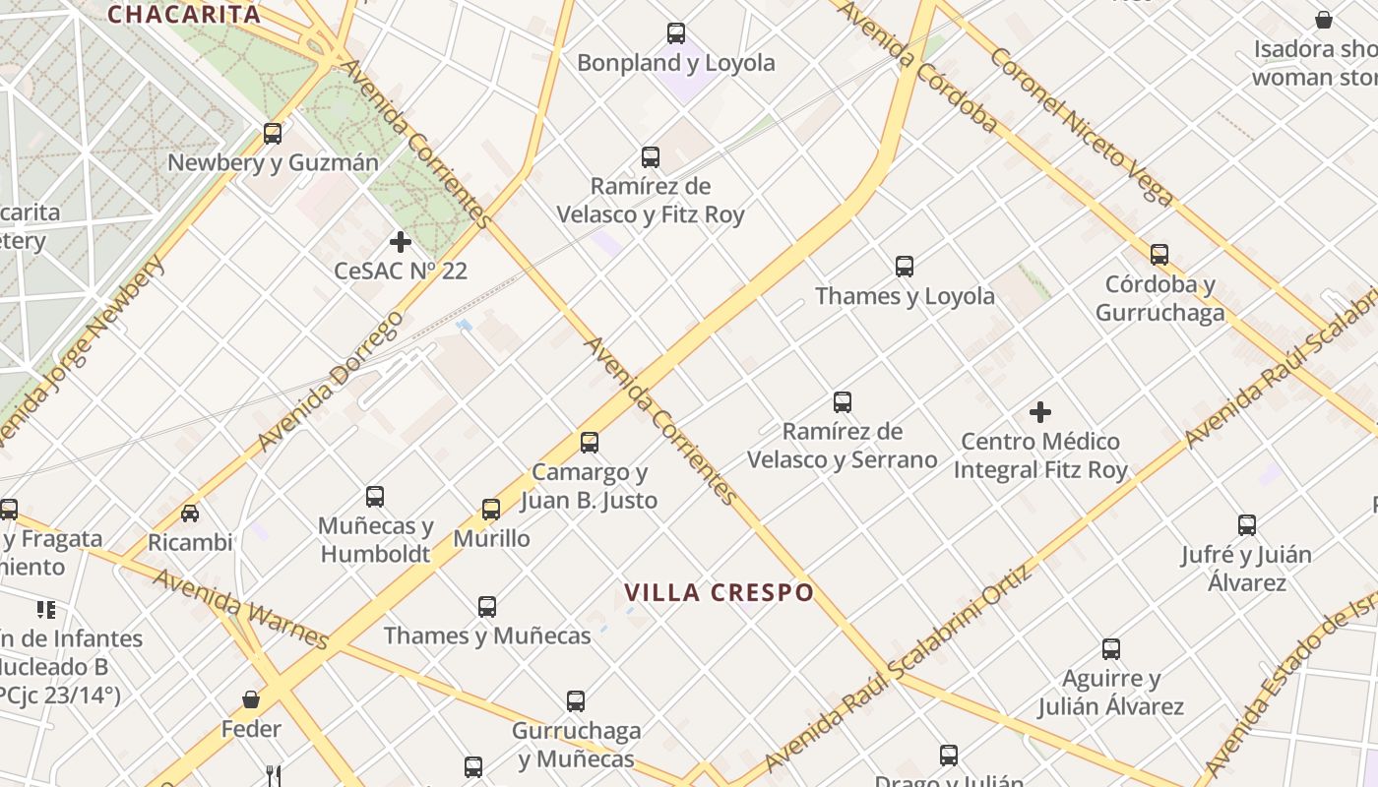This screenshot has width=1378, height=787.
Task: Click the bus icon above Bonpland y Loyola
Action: click(x=676, y=33)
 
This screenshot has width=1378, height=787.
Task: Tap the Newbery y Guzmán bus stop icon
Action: click(x=273, y=134)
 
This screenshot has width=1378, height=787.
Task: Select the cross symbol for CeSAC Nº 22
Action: click(x=401, y=242)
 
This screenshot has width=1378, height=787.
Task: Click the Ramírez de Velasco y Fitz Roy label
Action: click(x=651, y=200)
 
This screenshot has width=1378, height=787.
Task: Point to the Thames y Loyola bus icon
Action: click(x=905, y=267)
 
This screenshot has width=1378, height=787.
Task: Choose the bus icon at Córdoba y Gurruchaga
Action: click(x=1159, y=255)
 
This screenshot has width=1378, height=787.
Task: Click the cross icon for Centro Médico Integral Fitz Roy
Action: click(x=1040, y=412)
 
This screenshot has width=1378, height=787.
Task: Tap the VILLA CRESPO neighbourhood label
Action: click(x=720, y=592)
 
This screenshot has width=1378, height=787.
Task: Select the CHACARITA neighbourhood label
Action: click(x=184, y=14)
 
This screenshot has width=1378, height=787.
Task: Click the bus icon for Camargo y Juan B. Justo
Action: click(x=590, y=443)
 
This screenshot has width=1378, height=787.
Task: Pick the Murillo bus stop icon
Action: click(x=491, y=510)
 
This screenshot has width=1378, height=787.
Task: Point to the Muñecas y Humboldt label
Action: click(x=376, y=540)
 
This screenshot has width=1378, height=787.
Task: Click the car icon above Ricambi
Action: click(x=190, y=513)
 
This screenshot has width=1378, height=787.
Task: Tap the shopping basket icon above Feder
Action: click(x=251, y=699)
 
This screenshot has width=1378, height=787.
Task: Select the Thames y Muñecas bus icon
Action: click(x=487, y=607)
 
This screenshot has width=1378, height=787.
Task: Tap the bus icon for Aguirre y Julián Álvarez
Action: click(x=1111, y=649)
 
